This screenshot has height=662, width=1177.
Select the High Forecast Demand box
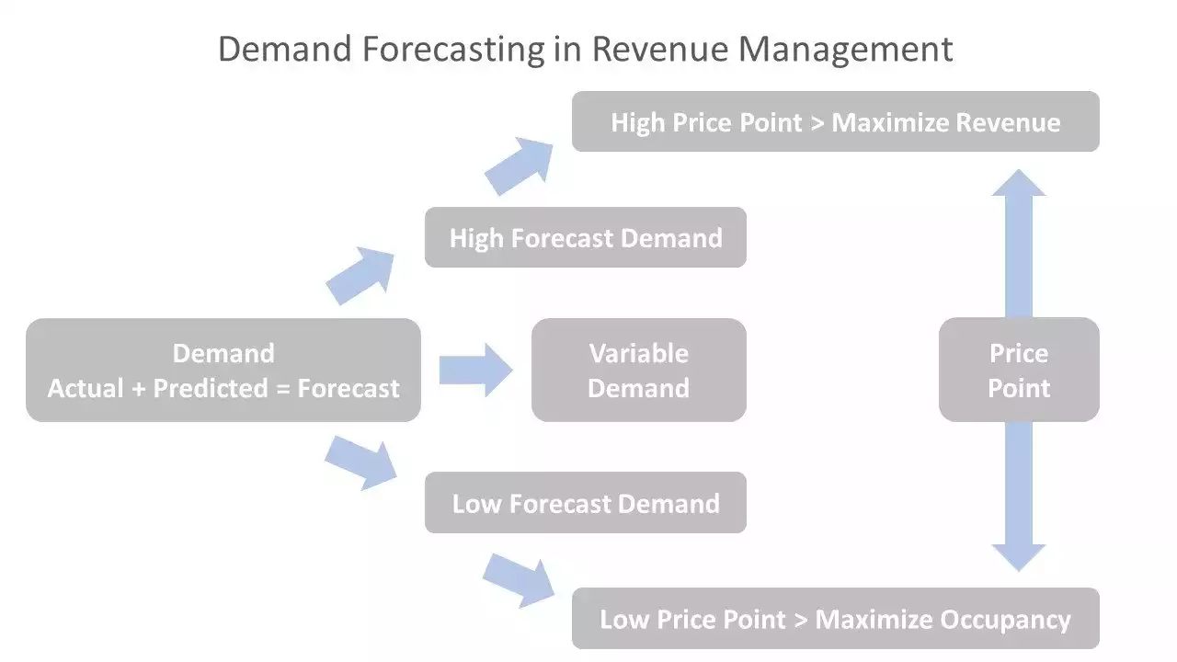tap(585, 238)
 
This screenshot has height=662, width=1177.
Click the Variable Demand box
tap(638, 371)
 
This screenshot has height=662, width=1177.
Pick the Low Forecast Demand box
tap(585, 503)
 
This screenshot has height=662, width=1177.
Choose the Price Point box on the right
tap(1018, 371)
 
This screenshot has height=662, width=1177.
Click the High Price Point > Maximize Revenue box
tap(835, 122)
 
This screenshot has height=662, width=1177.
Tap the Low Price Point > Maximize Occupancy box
tap(835, 619)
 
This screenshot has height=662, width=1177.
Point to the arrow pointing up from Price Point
tap(1018, 244)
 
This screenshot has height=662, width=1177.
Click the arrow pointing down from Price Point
tap(1018, 496)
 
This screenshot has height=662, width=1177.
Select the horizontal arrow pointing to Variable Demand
tap(474, 371)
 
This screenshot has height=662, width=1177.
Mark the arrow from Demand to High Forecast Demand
tap(360, 275)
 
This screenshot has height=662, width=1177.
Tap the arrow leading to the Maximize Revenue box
tap(519, 165)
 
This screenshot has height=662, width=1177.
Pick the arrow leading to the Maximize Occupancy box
tap(519, 579)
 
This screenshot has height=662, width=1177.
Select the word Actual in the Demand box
tap(85, 389)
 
